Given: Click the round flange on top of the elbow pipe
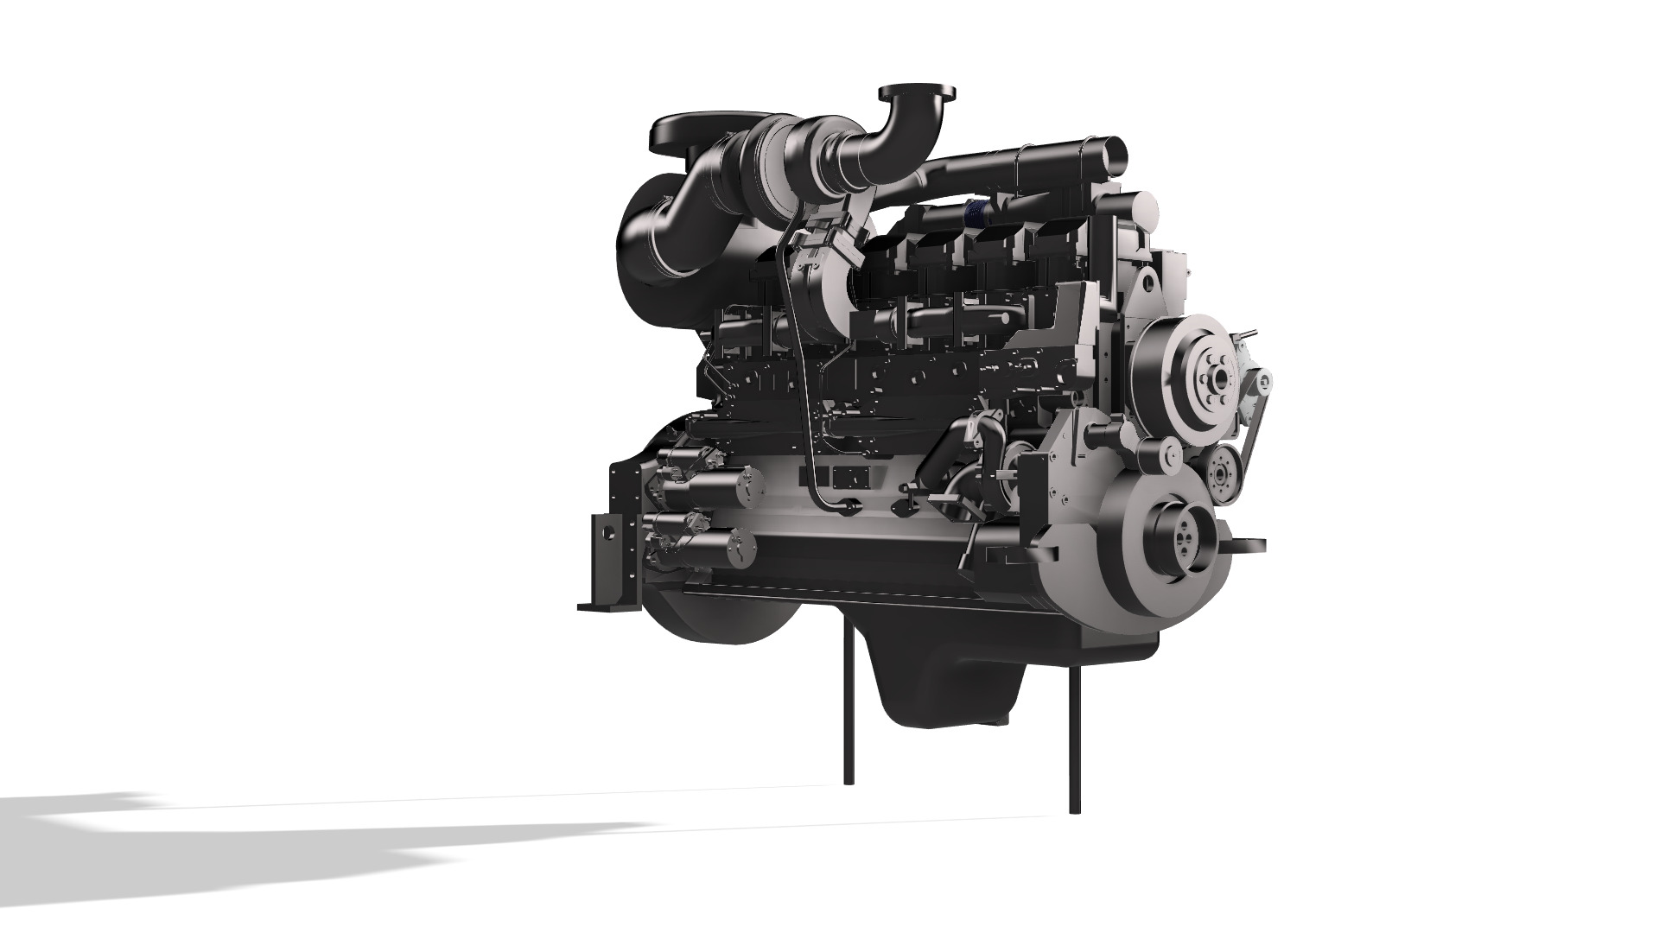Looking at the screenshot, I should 917,92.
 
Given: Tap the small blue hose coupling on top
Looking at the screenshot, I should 977,209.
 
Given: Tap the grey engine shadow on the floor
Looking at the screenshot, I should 259,829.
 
